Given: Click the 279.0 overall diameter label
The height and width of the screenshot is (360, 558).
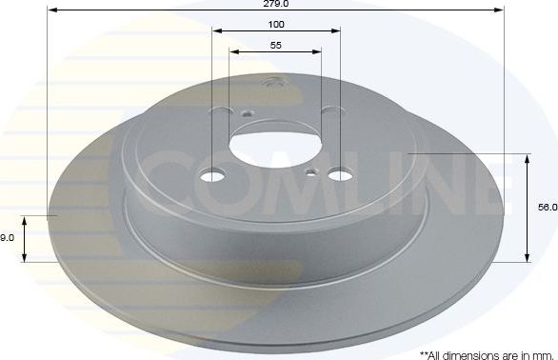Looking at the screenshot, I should [276, 5].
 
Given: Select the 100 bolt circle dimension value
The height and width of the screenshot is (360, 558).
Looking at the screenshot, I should [276, 24].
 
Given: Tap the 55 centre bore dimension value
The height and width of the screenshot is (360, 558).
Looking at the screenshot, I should [275, 44].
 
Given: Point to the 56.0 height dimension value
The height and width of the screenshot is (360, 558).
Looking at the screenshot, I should [547, 206].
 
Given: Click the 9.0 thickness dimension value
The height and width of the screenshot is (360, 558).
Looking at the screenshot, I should [7, 238].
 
